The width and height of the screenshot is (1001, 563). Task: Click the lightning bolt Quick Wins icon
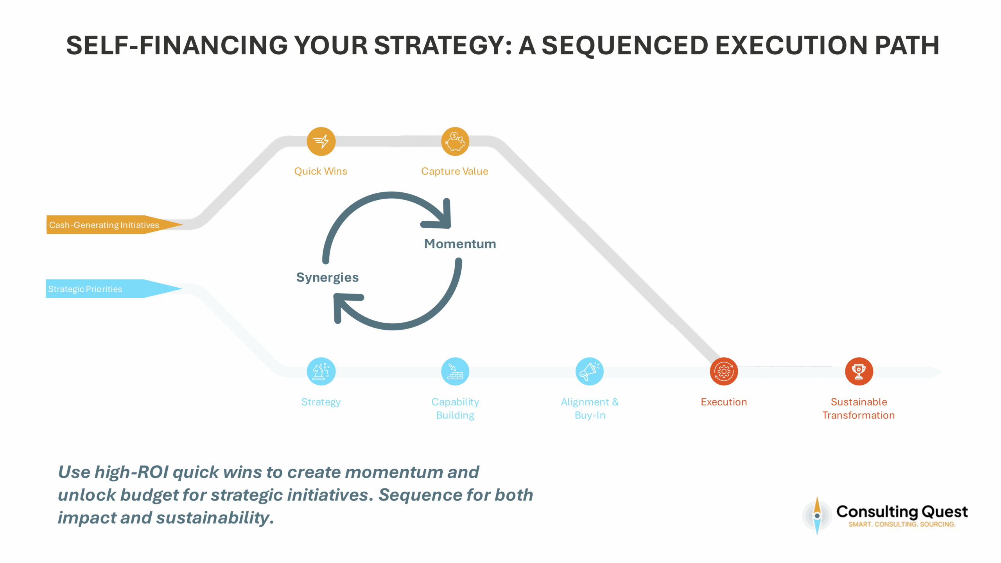coord(321,141)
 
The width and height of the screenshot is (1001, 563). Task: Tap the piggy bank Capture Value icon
coord(455,141)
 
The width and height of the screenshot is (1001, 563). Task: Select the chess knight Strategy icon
coord(321,371)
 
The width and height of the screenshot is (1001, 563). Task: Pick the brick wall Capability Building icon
coord(455,371)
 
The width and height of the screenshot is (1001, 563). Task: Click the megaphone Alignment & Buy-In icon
coord(590,371)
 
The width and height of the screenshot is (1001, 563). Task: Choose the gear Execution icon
coord(724,371)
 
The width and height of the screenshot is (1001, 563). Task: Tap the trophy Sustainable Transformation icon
coord(859,371)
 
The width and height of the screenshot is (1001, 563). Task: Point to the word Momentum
coord(460,244)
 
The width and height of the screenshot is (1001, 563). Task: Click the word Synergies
coord(327,277)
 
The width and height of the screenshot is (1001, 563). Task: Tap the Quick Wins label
coord(321,171)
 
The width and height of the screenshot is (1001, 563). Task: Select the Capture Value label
coord(454,171)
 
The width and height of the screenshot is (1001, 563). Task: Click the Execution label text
coord(724,402)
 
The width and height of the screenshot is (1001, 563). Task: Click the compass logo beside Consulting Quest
coord(817,516)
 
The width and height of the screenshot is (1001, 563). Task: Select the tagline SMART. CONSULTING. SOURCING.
coord(902,524)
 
